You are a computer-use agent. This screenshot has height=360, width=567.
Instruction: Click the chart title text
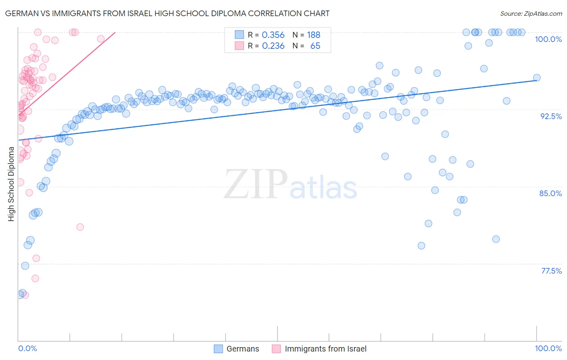(167, 13)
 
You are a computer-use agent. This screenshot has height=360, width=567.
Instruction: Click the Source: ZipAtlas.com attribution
(531, 13)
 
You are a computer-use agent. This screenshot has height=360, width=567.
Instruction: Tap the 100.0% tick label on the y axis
(548, 39)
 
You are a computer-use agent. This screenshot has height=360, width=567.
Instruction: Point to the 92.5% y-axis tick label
(551, 116)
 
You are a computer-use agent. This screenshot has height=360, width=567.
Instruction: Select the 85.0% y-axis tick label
(550, 193)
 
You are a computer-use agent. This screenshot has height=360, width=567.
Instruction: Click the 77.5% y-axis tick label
(551, 271)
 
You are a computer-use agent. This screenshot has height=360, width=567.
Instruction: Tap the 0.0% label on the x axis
(27, 348)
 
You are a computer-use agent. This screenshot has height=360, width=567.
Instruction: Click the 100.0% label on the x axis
(548, 348)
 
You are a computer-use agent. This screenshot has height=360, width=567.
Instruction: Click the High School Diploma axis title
(11, 184)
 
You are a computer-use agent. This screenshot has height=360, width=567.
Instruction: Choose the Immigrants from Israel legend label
(325, 349)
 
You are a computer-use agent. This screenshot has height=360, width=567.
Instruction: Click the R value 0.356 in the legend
(273, 35)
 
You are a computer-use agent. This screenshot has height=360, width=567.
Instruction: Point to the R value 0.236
(273, 46)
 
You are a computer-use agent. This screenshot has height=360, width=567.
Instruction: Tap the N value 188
(313, 35)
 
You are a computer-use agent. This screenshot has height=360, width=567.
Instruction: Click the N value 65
(315, 46)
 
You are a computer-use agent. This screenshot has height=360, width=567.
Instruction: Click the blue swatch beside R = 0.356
(240, 35)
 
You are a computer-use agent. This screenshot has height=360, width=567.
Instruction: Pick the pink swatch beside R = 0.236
(240, 46)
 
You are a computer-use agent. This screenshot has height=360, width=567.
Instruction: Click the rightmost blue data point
(536, 78)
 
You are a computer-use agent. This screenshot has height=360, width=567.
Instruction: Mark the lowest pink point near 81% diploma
(80, 227)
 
